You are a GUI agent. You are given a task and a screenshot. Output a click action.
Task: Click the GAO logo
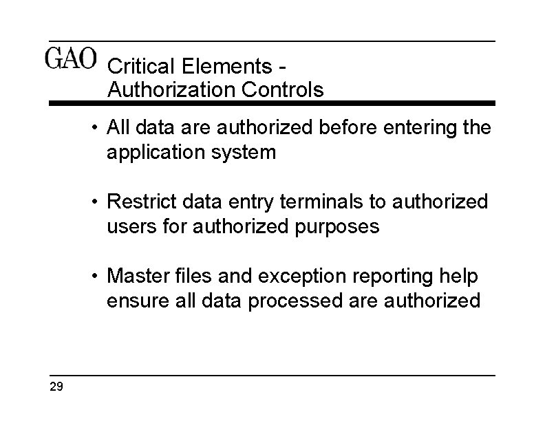[x=71, y=59]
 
